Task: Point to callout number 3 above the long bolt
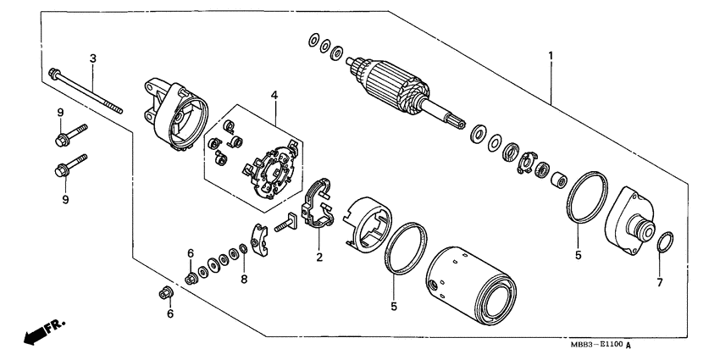click(93, 58)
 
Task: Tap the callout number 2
click(319, 257)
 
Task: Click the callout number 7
click(660, 281)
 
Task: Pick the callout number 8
click(243, 278)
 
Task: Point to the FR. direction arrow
click(42, 331)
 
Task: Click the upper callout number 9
click(61, 113)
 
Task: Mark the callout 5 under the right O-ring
click(578, 253)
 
